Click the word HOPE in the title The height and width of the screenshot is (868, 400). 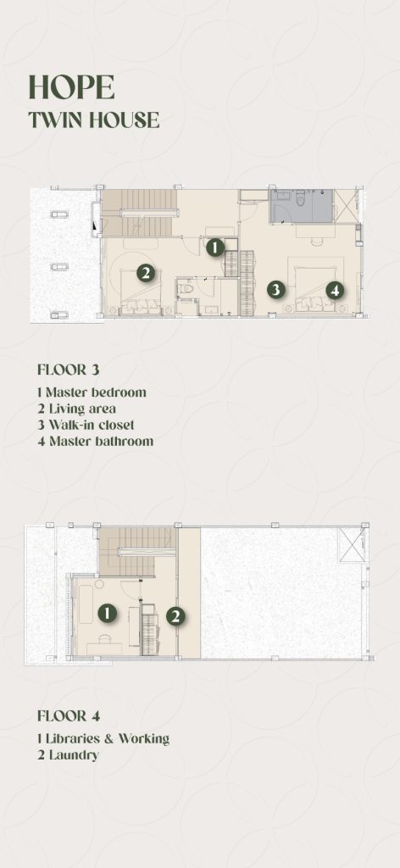pos(71,87)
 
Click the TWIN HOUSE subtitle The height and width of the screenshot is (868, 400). pos(94,120)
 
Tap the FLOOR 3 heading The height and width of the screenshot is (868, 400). pos(69,370)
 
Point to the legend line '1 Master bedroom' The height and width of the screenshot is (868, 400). pos(92,392)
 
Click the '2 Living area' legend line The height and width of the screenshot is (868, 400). pos(77,409)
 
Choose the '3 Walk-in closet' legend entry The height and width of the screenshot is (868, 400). pos(86,426)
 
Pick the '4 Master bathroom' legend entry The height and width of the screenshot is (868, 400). pos(95,441)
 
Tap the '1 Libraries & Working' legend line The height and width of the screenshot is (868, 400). pos(103,738)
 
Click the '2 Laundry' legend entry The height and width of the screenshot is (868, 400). pos(68,754)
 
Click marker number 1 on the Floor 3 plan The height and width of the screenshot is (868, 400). pos(215,248)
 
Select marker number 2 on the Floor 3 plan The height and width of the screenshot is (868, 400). pos(145,273)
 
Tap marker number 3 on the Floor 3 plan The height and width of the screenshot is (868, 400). pos(275,289)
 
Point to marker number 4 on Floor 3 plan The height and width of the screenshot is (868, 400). pos(334,290)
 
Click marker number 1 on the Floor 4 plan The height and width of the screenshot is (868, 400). pos(108,613)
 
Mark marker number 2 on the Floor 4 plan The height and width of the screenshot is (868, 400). pos(175,616)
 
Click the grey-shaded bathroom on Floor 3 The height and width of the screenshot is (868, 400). pos(301,206)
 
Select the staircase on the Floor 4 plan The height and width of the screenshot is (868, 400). pos(138,551)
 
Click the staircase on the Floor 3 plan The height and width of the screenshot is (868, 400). pos(139,214)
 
